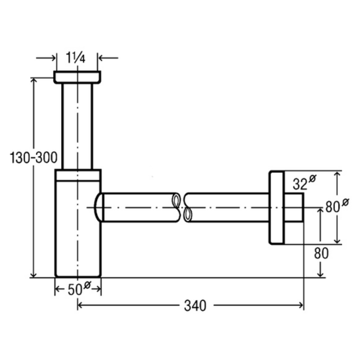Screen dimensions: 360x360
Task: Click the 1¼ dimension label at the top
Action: click(76, 58)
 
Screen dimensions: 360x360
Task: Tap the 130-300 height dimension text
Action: click(33, 158)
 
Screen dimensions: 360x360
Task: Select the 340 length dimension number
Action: click(195, 306)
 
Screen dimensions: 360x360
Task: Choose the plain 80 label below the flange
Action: click(321, 253)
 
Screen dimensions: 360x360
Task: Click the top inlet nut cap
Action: click(77, 77)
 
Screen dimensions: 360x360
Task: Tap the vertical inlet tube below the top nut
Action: click(77, 126)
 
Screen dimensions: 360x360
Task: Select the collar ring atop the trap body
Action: click(78, 175)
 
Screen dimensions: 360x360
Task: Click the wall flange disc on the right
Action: click(277, 207)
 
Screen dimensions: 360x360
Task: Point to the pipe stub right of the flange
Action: click(294, 207)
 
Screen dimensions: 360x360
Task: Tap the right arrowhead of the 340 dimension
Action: click(300, 306)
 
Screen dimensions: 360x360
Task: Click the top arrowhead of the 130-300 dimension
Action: click(33, 81)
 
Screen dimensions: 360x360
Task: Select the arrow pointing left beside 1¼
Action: click(108, 58)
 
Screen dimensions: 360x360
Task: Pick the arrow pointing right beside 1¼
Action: click(46, 58)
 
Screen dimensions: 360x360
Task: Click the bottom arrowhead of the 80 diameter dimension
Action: click(337, 240)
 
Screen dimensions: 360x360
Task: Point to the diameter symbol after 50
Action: click(87, 285)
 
